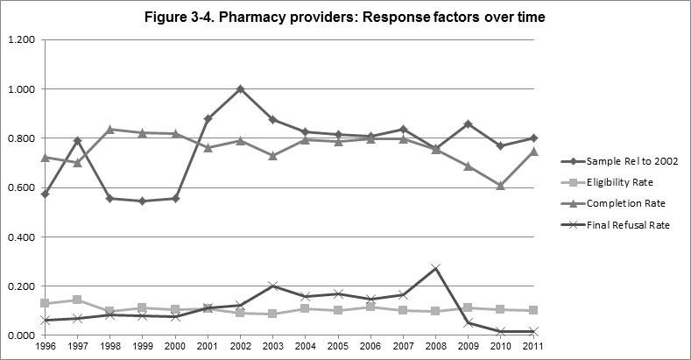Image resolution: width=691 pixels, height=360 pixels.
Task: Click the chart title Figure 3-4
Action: pyautogui.click(x=345, y=18)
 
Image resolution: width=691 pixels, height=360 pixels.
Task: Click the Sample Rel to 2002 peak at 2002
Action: pyautogui.click(x=240, y=88)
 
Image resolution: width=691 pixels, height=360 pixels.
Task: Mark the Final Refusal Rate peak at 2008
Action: pyautogui.click(x=436, y=268)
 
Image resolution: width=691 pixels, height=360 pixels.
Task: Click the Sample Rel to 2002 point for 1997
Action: pyautogui.click(x=77, y=140)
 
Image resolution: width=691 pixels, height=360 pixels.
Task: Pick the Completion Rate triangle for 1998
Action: pyautogui.click(x=109, y=130)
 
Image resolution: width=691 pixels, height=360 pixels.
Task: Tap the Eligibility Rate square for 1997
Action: pyautogui.click(x=77, y=300)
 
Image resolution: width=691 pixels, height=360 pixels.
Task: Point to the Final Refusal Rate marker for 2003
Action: pyautogui.click(x=273, y=286)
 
